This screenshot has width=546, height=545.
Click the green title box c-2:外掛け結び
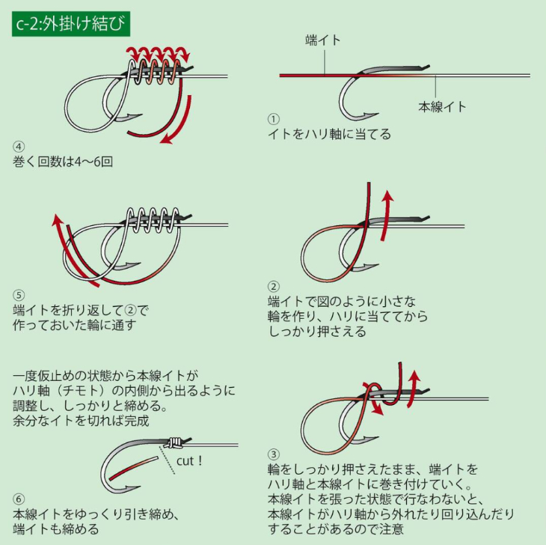71,24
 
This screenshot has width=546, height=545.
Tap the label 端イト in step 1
322,40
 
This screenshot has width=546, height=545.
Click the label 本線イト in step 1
442,106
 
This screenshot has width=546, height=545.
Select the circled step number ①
274,119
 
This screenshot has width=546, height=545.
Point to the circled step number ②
274,287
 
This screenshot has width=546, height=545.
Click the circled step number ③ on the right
274,454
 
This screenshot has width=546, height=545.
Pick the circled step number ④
19,147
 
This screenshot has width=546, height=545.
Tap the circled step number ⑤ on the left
19,296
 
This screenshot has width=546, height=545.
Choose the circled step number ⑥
19,499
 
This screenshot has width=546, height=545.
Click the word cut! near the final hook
189,460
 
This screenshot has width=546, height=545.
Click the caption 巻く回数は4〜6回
63,162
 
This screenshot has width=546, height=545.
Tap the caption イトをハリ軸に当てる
329,134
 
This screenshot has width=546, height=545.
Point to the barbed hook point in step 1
369,115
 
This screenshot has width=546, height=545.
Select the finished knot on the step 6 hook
174,442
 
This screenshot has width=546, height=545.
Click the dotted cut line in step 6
167,460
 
